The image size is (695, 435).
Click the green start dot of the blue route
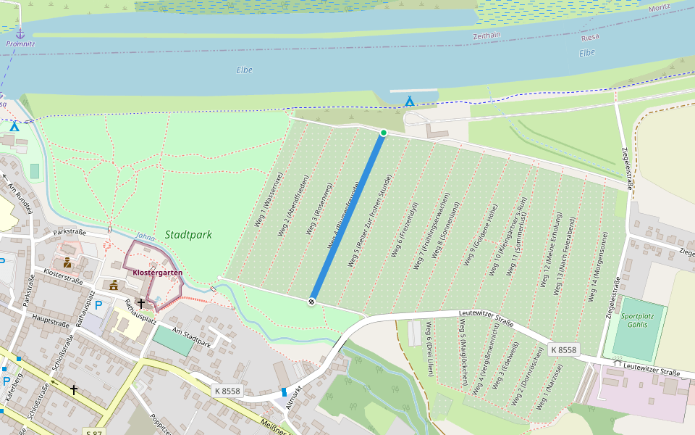[384, 132]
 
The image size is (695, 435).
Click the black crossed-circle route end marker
[312, 302]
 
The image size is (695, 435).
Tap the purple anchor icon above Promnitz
[20, 33]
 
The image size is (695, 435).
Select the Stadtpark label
[188, 235]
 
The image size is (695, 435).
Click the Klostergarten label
[157, 273]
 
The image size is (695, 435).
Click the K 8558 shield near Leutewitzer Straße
[563, 349]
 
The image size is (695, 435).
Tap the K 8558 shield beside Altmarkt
[227, 390]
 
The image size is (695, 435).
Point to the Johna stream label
[145, 237]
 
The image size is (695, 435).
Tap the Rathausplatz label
[140, 312]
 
